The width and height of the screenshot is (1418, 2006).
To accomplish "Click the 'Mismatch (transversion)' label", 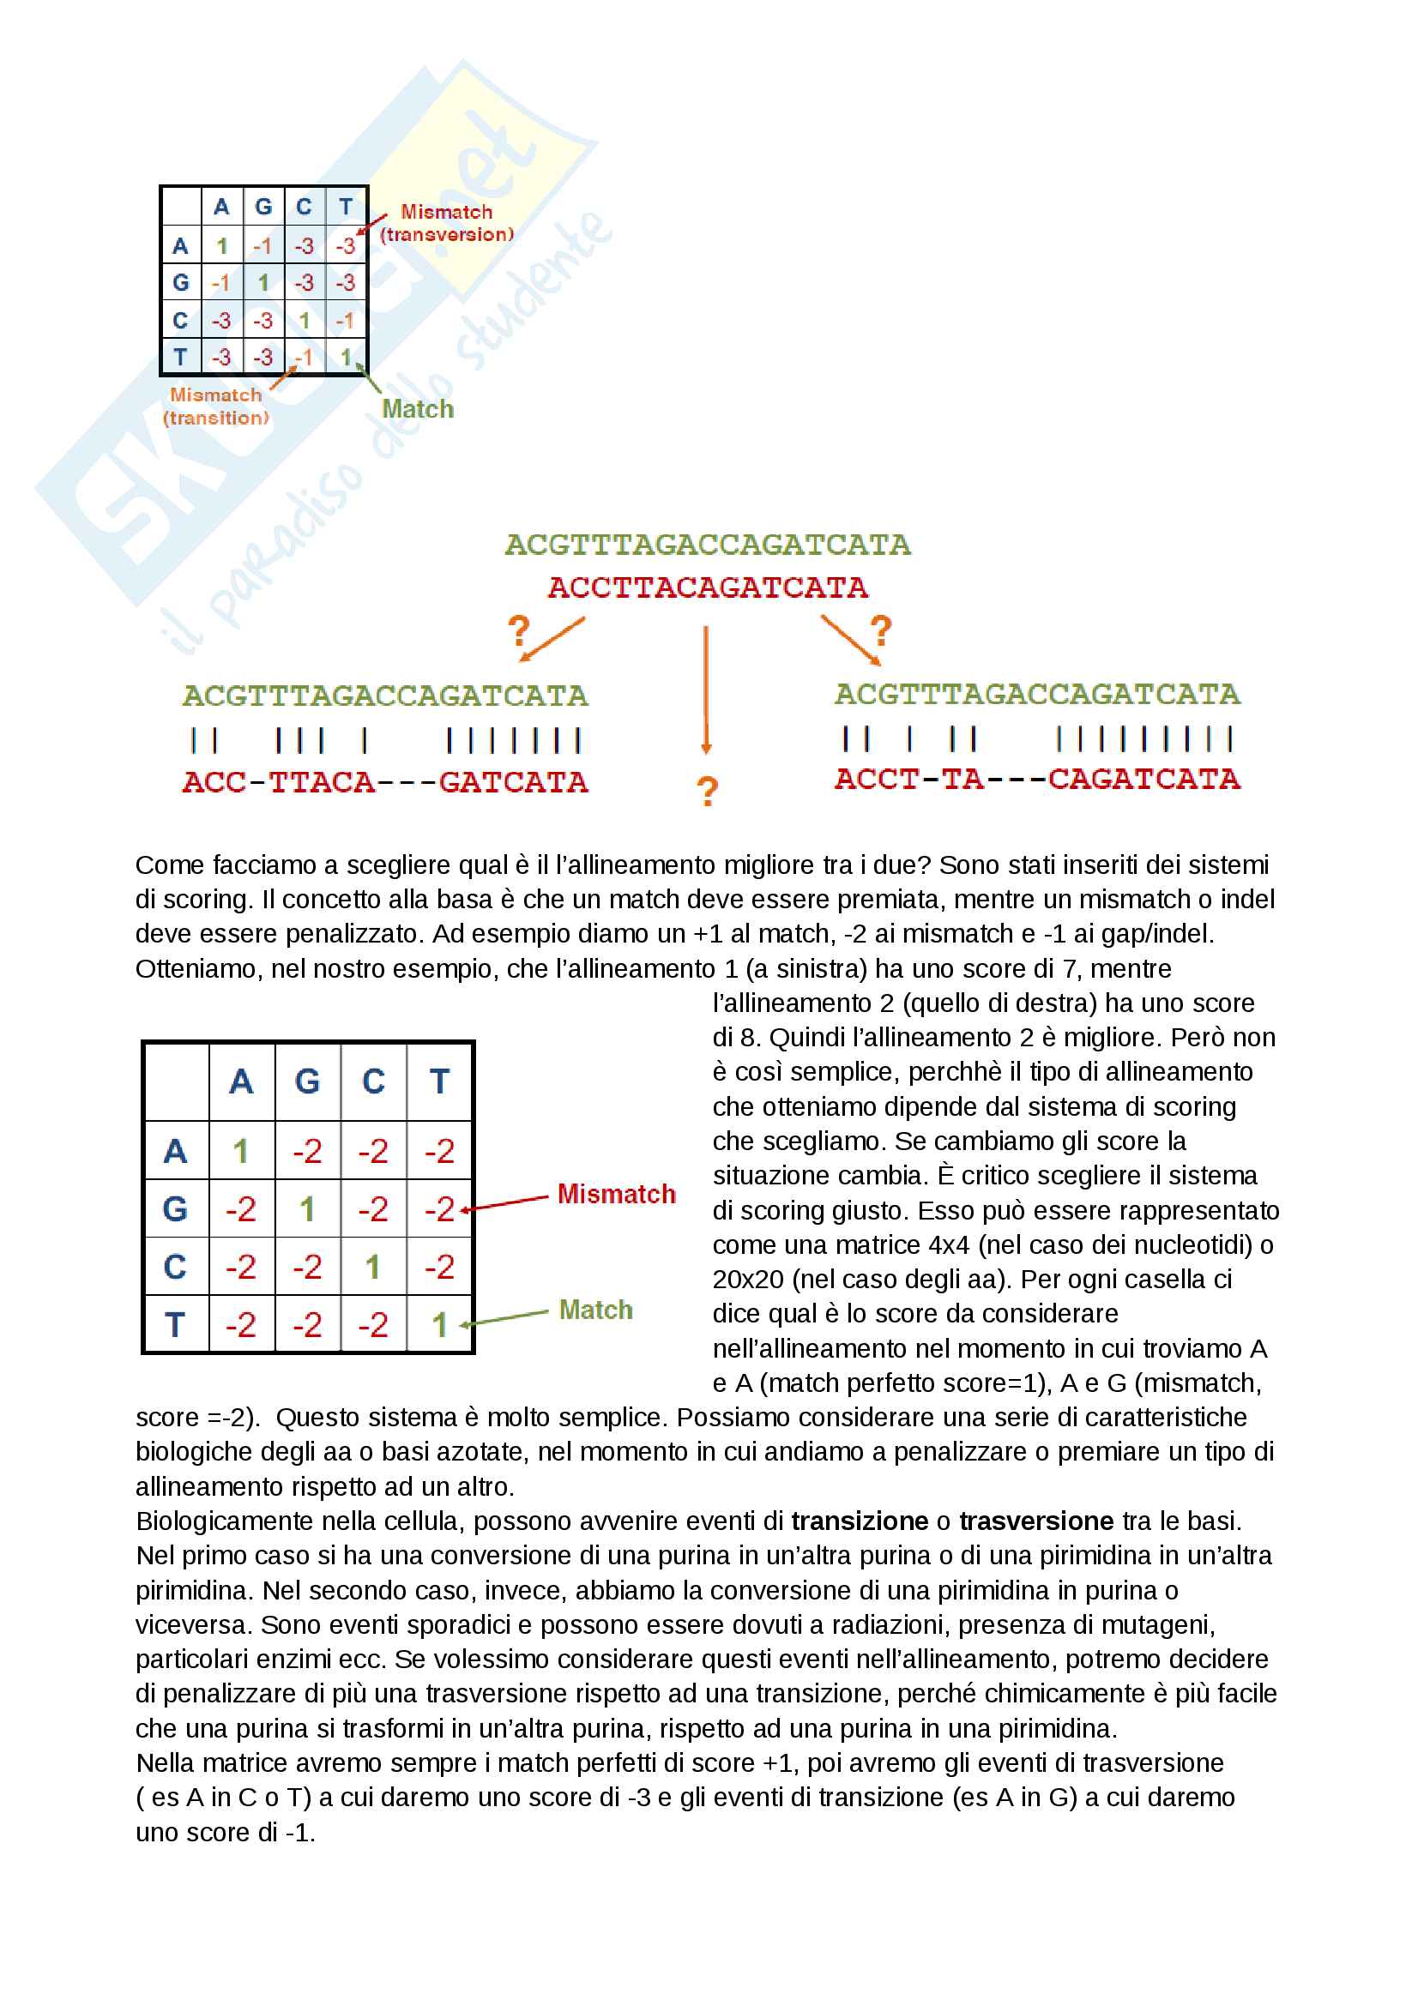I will pyautogui.click(x=446, y=223).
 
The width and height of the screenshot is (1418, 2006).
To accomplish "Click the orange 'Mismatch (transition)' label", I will pyautogui.click(x=216, y=407).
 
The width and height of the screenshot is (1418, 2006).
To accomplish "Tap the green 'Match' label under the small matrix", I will pyautogui.click(x=418, y=409).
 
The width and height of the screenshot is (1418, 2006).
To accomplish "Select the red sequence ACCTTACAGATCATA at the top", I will pyautogui.click(x=708, y=587).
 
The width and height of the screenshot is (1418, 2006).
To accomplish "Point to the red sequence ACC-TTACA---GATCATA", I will pyautogui.click(x=385, y=782).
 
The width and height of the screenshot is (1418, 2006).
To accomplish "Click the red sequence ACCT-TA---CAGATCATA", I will pyautogui.click(x=1037, y=779).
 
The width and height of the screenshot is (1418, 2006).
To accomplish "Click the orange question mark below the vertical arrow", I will pyautogui.click(x=707, y=792).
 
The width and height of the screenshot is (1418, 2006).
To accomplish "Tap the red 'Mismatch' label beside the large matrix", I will pyautogui.click(x=616, y=1194).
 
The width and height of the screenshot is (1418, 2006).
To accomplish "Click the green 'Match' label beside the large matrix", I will pyautogui.click(x=596, y=1310).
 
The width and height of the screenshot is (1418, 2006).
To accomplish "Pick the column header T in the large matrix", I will pyautogui.click(x=439, y=1081).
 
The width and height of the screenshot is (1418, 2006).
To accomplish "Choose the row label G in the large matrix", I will pyautogui.click(x=176, y=1209).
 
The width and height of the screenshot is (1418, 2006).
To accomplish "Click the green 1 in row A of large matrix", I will pyautogui.click(x=241, y=1152).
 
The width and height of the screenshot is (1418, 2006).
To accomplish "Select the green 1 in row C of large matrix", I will pyautogui.click(x=373, y=1267).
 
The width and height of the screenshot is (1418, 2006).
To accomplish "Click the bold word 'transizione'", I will pyautogui.click(x=859, y=1521).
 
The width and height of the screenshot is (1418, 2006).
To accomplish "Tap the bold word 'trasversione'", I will pyautogui.click(x=1036, y=1521).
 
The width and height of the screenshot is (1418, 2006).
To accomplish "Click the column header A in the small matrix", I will pyautogui.click(x=222, y=207).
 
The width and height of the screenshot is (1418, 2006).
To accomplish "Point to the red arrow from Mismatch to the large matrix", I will pyautogui.click(x=507, y=1203).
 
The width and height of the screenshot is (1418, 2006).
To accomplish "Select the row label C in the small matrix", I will pyautogui.click(x=181, y=321).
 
